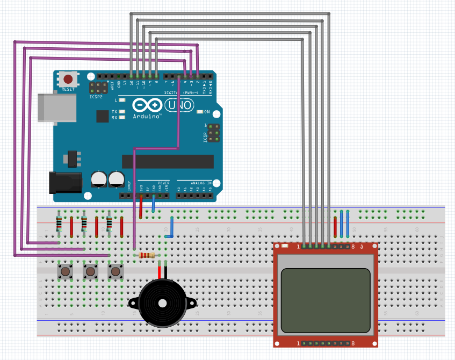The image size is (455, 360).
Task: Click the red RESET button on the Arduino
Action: coord(68,79)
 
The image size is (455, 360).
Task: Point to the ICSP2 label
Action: coord(96,97)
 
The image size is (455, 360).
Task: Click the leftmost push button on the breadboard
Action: coord(66,271)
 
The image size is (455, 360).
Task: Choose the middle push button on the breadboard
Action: coord(91,271)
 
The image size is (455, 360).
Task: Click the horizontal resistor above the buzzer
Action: coord(147,256)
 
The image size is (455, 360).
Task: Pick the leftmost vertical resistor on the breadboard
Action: coord(59,223)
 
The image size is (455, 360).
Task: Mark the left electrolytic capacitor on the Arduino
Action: coord(99,179)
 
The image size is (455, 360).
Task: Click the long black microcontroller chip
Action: coord(168,161)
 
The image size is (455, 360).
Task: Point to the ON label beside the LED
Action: coord(207,111)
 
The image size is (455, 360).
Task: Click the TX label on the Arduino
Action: coord(114,111)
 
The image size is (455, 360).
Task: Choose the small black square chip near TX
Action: coord(102,116)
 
